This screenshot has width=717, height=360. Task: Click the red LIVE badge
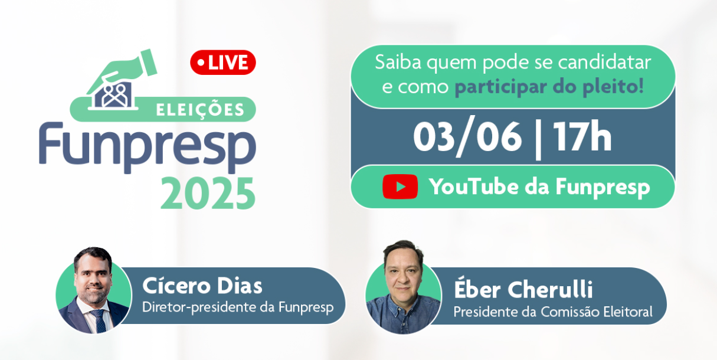(x=222, y=63)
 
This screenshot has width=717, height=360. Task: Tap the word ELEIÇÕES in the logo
(x=200, y=109)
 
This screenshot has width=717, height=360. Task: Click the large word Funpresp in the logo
(x=148, y=147)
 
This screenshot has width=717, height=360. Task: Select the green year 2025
(x=208, y=193)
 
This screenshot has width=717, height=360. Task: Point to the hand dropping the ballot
(x=131, y=67)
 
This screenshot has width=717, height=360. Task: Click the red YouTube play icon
(x=400, y=186)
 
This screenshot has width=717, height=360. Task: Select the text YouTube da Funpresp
(x=539, y=187)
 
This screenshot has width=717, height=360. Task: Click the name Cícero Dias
(x=202, y=286)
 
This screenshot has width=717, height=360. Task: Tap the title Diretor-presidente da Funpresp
(x=238, y=307)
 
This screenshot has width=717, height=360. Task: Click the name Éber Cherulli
(x=523, y=289)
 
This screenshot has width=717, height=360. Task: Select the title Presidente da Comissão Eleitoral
(x=552, y=311)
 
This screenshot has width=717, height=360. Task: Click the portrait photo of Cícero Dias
(x=93, y=289)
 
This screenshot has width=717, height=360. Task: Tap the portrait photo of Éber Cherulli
(x=403, y=287)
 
